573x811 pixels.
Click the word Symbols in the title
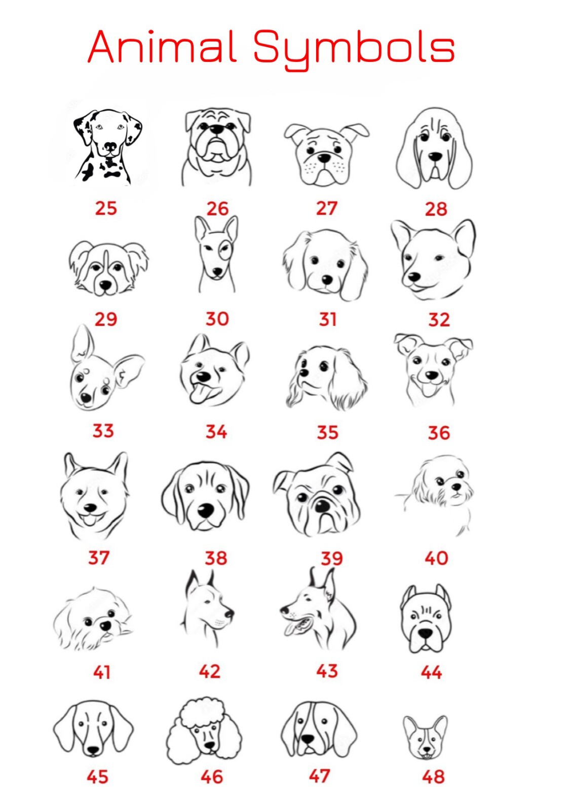pyautogui.click(x=354, y=50)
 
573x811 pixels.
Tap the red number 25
pyautogui.click(x=106, y=208)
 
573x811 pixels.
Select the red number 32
pyautogui.click(x=439, y=319)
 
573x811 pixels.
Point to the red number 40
pyautogui.click(x=436, y=558)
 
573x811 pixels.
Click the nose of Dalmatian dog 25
pyautogui.click(x=110, y=146)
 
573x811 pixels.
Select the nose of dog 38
pyautogui.click(x=206, y=511)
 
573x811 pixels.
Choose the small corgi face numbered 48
pyautogui.click(x=425, y=736)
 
